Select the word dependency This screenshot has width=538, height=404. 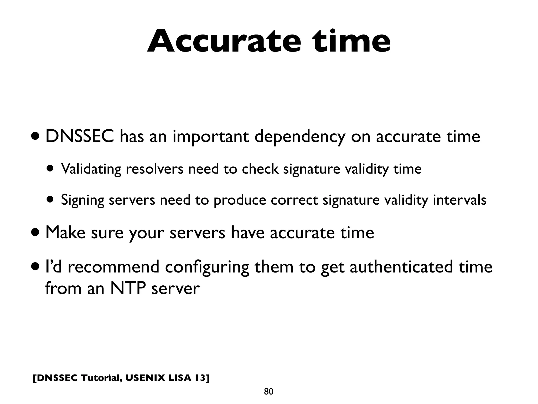[300, 137]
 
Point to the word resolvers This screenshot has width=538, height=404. [154, 169]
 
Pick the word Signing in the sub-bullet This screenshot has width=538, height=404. [83, 200]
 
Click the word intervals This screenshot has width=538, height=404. [459, 200]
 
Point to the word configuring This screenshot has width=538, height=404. [207, 267]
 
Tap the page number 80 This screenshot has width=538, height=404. [268, 392]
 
